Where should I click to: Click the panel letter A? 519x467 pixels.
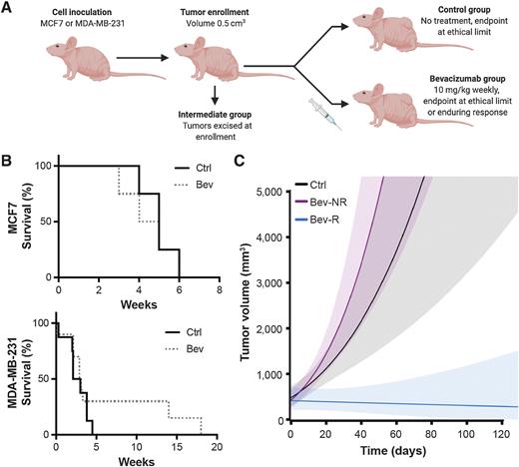point(7,8)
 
